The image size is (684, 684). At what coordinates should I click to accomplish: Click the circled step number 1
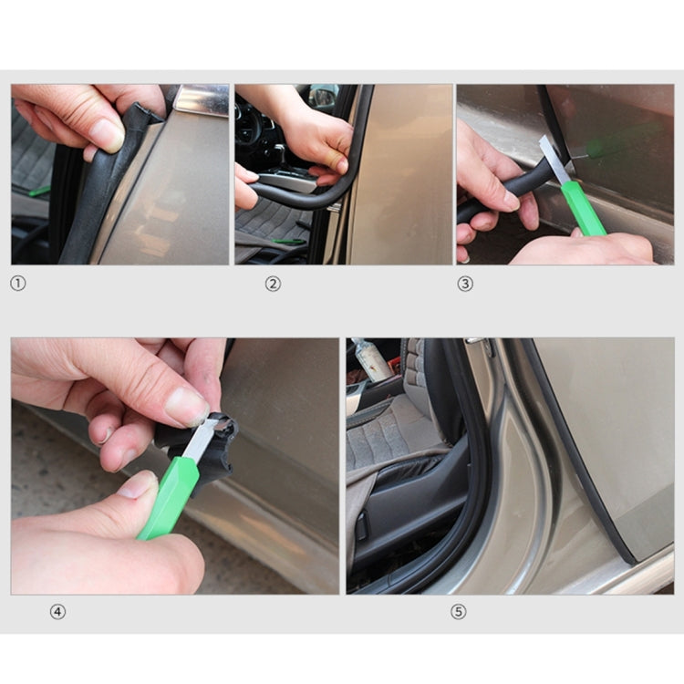(x=17, y=284)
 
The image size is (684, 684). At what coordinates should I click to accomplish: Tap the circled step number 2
(x=273, y=284)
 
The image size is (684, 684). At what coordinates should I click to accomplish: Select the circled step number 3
(x=465, y=284)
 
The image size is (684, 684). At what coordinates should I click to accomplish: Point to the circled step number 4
(x=57, y=612)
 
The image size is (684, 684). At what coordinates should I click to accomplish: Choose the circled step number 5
(x=458, y=612)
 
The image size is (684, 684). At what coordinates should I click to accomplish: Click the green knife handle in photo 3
(x=584, y=208)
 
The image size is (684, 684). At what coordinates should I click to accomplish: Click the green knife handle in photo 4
(x=170, y=497)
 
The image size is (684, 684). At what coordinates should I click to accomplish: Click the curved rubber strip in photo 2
(x=301, y=196)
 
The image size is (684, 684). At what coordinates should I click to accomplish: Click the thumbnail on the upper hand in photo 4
(x=186, y=405)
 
